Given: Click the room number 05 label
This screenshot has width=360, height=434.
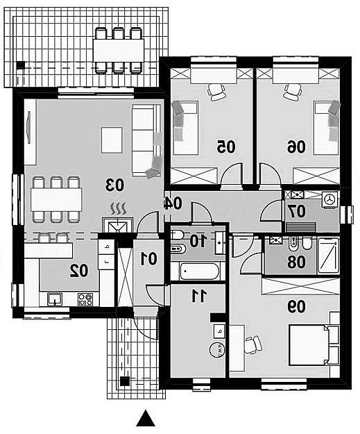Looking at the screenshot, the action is (x=226, y=147).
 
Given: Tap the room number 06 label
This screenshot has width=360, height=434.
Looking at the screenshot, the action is (x=296, y=147).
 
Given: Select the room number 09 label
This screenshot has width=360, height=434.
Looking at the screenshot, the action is (x=296, y=307).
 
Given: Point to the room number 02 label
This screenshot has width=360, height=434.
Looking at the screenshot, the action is (x=79, y=270).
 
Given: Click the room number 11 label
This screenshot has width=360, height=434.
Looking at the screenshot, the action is (x=199, y=296).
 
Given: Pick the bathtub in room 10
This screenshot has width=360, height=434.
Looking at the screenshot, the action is (x=200, y=272).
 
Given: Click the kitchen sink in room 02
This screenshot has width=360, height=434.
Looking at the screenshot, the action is (x=55, y=299).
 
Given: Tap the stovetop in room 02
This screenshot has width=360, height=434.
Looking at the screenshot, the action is (x=85, y=299).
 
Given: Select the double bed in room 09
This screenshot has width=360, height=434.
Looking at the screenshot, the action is (x=314, y=345).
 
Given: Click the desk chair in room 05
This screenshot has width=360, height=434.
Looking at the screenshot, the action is (x=216, y=92).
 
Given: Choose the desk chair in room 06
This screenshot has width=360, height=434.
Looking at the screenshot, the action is (x=293, y=92).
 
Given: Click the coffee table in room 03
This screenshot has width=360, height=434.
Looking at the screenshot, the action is (x=112, y=140).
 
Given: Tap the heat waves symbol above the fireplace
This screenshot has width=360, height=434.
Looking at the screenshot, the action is (x=119, y=209).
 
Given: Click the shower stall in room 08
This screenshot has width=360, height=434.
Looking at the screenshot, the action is (x=328, y=256).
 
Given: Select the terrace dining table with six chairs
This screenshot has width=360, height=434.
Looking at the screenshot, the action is (x=119, y=51).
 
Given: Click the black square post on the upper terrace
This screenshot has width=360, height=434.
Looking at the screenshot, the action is (x=20, y=65).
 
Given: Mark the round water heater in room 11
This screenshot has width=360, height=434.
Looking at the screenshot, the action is (x=217, y=349).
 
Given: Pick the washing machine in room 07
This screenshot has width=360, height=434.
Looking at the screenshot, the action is (x=330, y=199).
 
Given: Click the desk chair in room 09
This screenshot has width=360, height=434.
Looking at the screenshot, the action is (x=252, y=345).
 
